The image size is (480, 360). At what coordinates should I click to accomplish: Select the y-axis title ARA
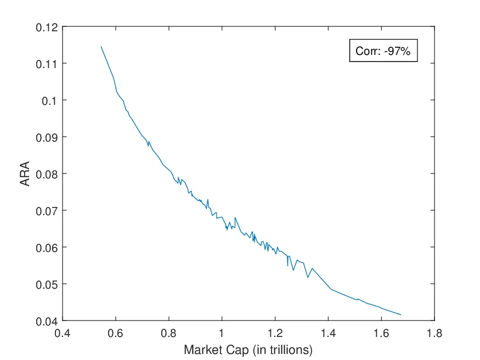[25, 173]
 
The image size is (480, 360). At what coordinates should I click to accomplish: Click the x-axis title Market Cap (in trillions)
[248, 349]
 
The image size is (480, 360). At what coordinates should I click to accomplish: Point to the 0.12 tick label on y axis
[47, 27]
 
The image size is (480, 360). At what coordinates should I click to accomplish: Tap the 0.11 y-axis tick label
[47, 64]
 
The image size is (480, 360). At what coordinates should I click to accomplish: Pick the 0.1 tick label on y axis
[50, 100]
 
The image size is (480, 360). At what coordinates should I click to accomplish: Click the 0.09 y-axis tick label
[47, 137]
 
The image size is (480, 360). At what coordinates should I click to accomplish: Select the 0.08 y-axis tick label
[47, 174]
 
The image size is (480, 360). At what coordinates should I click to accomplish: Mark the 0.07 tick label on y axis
[47, 211]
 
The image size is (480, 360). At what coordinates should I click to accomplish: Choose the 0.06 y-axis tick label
[47, 248]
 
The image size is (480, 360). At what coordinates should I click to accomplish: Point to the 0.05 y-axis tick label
[47, 284]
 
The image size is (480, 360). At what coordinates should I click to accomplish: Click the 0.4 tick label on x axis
[63, 333]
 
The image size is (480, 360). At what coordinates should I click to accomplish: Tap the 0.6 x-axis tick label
[116, 333]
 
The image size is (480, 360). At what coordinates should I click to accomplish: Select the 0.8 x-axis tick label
[169, 333]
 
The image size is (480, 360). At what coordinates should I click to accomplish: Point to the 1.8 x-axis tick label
[434, 333]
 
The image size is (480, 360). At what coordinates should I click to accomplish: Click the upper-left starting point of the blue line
[101, 47]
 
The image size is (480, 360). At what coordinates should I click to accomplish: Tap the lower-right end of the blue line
[401, 315]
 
